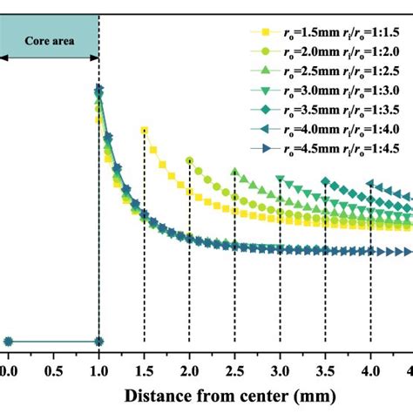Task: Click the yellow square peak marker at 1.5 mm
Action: tap(144, 131)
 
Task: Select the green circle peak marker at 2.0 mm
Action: tap(189, 160)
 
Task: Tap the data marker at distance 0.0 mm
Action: tap(8, 341)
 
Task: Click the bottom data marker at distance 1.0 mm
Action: tap(98, 341)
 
